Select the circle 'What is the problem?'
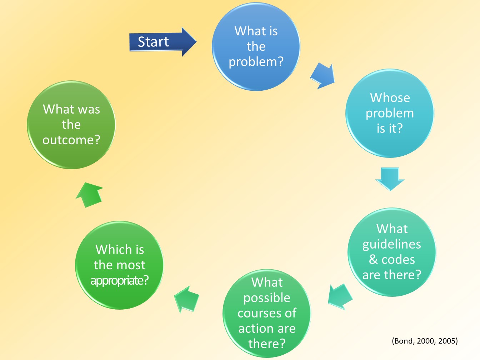click(x=256, y=46)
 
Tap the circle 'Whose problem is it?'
click(x=389, y=113)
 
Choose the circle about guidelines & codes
click(x=392, y=252)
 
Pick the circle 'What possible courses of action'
click(x=267, y=313)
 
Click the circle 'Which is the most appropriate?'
click(x=119, y=265)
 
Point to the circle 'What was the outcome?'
click(x=71, y=125)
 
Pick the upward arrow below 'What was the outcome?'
click(x=90, y=194)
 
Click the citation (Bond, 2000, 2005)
click(x=425, y=341)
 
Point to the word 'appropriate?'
click(x=119, y=281)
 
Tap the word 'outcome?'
click(x=71, y=140)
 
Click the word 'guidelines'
click(x=392, y=244)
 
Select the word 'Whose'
click(x=390, y=98)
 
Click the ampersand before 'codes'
click(x=373, y=259)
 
